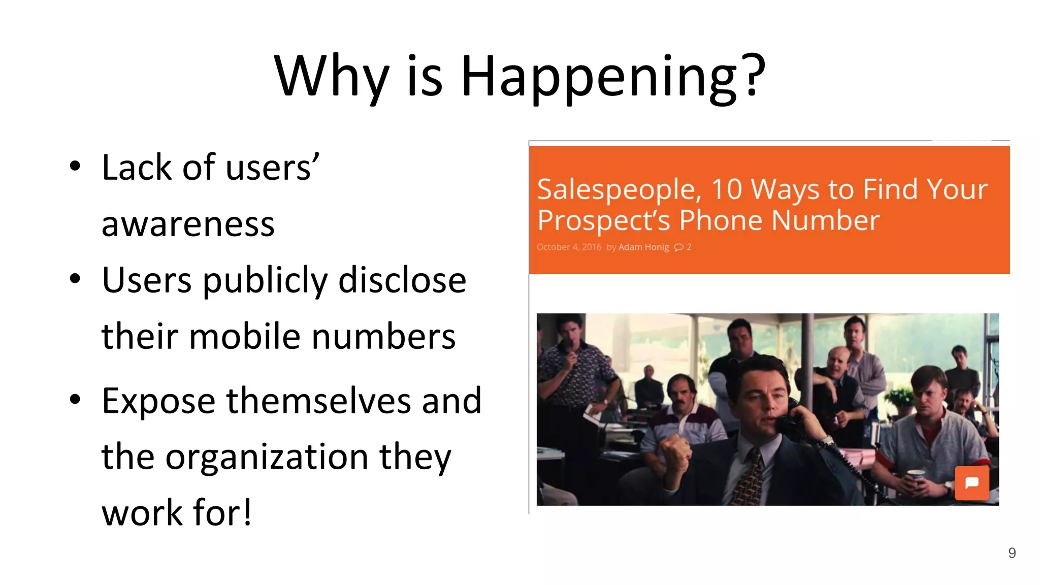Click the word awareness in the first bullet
coord(188,224)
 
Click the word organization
coord(267,457)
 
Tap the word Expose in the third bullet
coord(158,401)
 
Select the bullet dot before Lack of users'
coord(75,166)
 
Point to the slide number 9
coord(1012,553)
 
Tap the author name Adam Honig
coord(643,247)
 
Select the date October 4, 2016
coord(569,247)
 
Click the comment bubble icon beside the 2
coord(678,247)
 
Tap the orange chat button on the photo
coord(971,483)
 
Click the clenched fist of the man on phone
coord(674,451)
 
